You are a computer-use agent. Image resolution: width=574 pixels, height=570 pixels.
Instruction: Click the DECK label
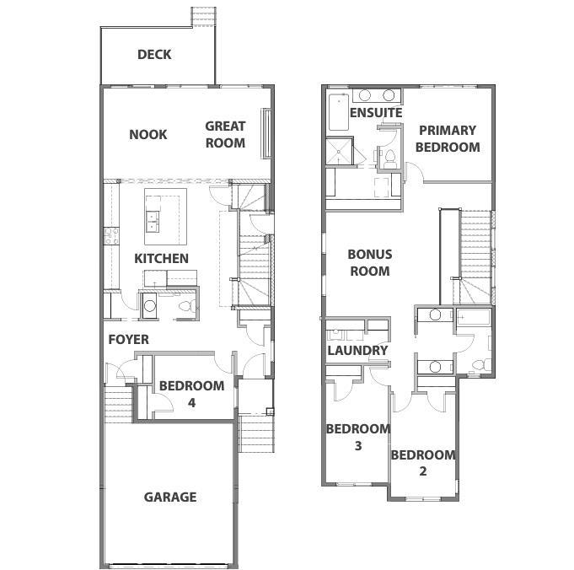(x=154, y=55)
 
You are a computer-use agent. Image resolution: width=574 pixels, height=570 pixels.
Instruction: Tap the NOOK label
(x=148, y=134)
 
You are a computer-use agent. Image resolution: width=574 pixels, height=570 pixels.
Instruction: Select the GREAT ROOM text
(x=225, y=134)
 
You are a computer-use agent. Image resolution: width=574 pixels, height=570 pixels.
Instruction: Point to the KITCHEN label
(x=161, y=258)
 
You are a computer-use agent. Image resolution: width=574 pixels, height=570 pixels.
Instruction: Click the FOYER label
(x=128, y=339)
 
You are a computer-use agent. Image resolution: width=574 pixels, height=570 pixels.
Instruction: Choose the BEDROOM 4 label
(x=191, y=394)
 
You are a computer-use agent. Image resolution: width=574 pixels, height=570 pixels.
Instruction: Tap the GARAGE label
(x=169, y=497)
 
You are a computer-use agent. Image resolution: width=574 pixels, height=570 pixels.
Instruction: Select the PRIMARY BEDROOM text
(x=448, y=138)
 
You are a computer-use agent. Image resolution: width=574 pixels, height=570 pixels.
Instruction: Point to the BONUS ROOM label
(x=368, y=262)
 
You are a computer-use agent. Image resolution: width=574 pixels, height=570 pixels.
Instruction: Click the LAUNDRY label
(x=357, y=350)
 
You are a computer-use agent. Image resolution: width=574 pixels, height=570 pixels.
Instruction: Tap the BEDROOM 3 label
(x=358, y=437)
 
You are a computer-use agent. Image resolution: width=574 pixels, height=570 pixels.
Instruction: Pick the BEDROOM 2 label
(x=422, y=463)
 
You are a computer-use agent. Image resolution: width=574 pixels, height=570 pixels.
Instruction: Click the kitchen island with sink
(x=164, y=212)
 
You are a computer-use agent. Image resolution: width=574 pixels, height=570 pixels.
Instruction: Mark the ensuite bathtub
(x=339, y=110)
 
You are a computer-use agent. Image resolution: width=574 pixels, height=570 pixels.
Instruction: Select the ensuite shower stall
(x=339, y=151)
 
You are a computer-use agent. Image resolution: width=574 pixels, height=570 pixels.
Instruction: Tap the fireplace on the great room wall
(x=267, y=134)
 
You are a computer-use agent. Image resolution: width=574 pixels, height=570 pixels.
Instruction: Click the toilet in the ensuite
(x=389, y=156)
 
